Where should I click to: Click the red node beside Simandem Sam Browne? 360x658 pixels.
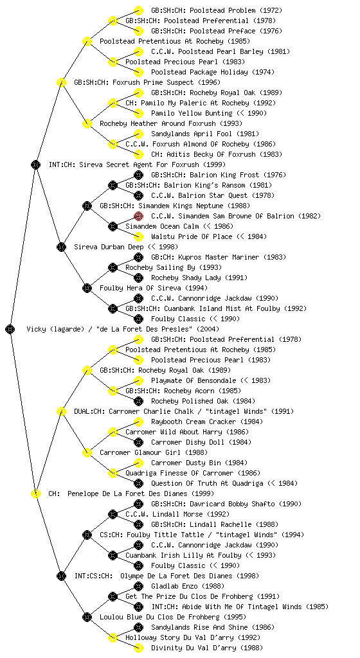pyautogui.click(x=138, y=216)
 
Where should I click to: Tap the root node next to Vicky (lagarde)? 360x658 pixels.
pyautogui.click(x=10, y=329)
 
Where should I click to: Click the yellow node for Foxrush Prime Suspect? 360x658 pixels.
pyautogui.click(x=61, y=82)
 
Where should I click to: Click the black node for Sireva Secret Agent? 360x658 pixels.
pyautogui.click(x=35, y=164)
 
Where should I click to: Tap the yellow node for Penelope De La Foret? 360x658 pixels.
pyautogui.click(x=35, y=493)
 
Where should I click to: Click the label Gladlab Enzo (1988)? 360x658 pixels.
pyautogui.click(x=188, y=586)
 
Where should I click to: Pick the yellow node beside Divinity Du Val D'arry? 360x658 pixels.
pyautogui.click(x=138, y=648)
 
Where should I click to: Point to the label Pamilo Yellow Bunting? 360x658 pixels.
pyautogui.click(x=192, y=113)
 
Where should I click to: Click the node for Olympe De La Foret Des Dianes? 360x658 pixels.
pyautogui.click(x=61, y=576)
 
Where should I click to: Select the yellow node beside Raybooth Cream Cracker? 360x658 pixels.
pyautogui.click(x=138, y=422)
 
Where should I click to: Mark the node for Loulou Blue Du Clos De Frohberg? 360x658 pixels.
pyautogui.click(x=87, y=617)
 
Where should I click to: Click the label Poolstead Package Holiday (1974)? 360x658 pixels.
pyautogui.click(x=213, y=72)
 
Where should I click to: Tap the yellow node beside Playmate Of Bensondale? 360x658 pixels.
pyautogui.click(x=138, y=380)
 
